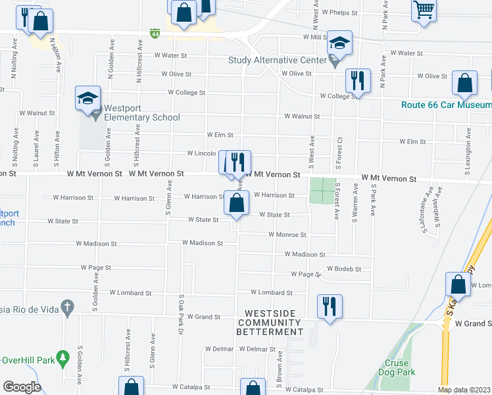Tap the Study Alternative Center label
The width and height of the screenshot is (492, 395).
pos(277,61)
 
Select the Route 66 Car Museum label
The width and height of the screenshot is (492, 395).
pos(447,105)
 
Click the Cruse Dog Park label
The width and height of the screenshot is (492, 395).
pos(397,367)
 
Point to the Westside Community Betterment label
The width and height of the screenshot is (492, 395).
pos(273,322)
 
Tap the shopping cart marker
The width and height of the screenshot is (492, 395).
pos(424,11)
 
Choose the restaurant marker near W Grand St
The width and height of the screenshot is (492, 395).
pos(329,306)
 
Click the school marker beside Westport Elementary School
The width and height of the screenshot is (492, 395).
pos(88,98)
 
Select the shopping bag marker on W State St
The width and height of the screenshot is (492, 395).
pos(237,203)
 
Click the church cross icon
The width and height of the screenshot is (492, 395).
pos(66,307)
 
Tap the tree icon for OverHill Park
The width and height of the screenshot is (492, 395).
pos(63,359)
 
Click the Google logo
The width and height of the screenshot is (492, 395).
pos(22,387)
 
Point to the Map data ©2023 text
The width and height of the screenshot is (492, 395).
pos(464,390)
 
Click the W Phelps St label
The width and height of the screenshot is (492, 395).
pos(339,13)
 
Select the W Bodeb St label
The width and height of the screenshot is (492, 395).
pos(345,269)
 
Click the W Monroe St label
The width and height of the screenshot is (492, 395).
pos(287,234)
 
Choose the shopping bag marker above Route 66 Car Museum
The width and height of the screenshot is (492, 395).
pos(464,84)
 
